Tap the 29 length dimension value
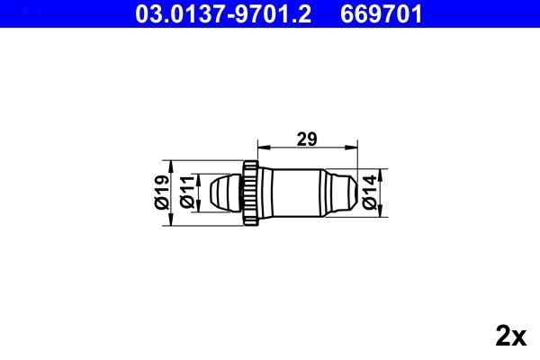[306, 139]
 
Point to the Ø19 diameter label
[162, 191]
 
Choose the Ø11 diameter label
[187, 191]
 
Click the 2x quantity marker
[510, 337]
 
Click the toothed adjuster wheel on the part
[250, 191]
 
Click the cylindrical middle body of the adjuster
[292, 191]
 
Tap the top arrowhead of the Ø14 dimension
[382, 173]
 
